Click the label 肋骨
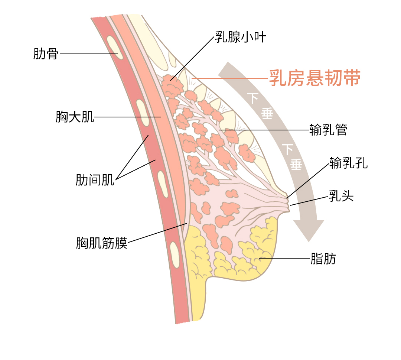pyautogui.click(x=46, y=53)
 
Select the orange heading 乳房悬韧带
pyautogui.click(x=314, y=78)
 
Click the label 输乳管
pyautogui.click(x=328, y=130)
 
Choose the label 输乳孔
pyautogui.click(x=348, y=163)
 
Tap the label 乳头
pyautogui.click(x=341, y=196)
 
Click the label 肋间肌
pyautogui.click(x=95, y=180)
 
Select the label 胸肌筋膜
pyautogui.click(x=102, y=243)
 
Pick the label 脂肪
pyautogui.click(x=323, y=259)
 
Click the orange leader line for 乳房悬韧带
pyautogui.click(x=230, y=78)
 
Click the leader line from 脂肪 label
pyautogui.click(x=284, y=258)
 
